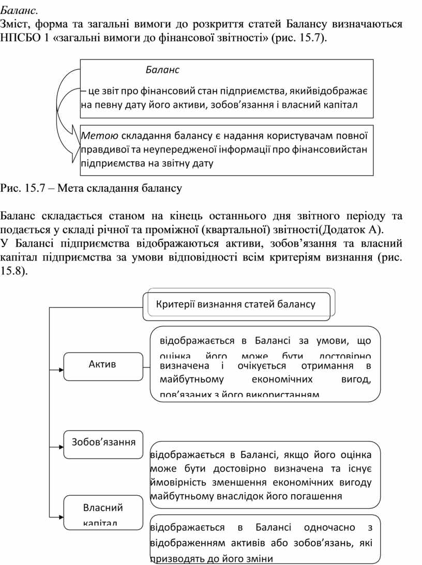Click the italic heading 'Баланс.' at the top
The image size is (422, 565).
19,10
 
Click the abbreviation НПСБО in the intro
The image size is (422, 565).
19,38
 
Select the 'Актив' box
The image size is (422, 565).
103,365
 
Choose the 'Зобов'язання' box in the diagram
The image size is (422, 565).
103,443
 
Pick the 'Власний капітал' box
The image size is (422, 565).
103,513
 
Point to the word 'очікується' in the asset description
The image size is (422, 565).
259,366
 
